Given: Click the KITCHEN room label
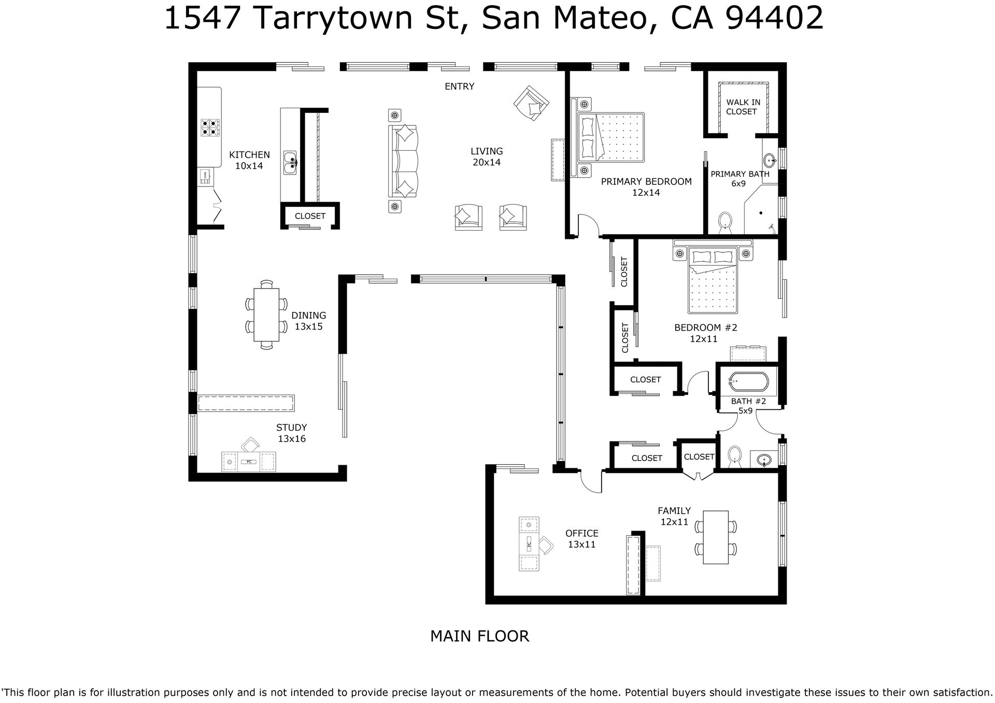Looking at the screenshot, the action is tap(249, 155).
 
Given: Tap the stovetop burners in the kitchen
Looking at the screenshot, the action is tap(210, 127).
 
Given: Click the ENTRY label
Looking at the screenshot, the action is tap(459, 87).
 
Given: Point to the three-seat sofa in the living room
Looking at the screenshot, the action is tap(403, 161).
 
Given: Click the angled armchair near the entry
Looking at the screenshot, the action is tap(531, 104).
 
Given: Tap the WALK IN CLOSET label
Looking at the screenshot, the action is tap(743, 107).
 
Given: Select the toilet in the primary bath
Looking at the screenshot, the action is tap(724, 222).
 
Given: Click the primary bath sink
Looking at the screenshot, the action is tap(770, 159).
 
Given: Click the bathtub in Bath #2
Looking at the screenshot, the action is tap(748, 383).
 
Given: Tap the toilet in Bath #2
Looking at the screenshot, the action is tap(734, 455).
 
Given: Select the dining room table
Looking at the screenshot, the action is tap(266, 315).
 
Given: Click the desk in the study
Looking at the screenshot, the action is tap(249, 461).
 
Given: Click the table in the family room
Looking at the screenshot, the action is tap(716, 537).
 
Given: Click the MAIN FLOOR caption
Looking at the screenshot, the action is tap(479, 636).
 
